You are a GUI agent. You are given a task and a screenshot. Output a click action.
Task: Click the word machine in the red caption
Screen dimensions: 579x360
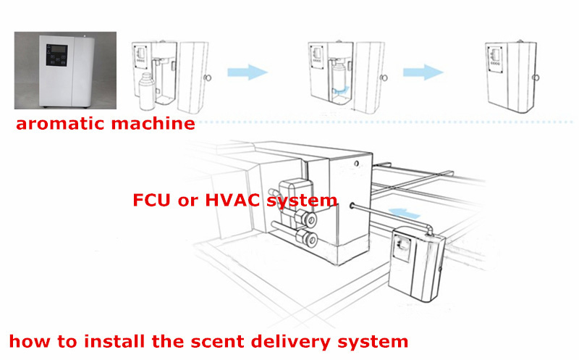pyautogui.click(x=153, y=122)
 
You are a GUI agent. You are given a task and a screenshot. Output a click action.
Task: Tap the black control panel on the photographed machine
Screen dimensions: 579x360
pyautogui.click(x=57, y=56)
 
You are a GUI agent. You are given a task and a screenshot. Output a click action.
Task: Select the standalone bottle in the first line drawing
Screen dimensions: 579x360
pyautogui.click(x=147, y=91)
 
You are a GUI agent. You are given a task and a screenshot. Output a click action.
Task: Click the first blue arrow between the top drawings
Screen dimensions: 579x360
pyautogui.click(x=247, y=72)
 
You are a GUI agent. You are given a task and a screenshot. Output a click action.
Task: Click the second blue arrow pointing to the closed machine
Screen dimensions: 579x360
pyautogui.click(x=423, y=72)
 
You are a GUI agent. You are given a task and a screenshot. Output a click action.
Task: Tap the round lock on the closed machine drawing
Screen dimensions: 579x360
pyautogui.click(x=536, y=78)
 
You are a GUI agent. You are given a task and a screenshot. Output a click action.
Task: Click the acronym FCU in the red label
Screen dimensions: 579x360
pyautogui.click(x=151, y=201)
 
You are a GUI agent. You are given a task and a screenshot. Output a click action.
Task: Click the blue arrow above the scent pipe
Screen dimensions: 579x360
pyautogui.click(x=405, y=214)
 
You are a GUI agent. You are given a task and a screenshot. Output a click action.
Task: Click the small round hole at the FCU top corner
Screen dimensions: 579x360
pyautogui.click(x=356, y=164)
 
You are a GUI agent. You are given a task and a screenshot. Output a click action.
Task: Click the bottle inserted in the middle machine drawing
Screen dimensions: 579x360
pyautogui.click(x=338, y=76)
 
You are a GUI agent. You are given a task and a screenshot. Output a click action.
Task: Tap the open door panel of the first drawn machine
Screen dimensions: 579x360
pyautogui.click(x=193, y=77)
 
